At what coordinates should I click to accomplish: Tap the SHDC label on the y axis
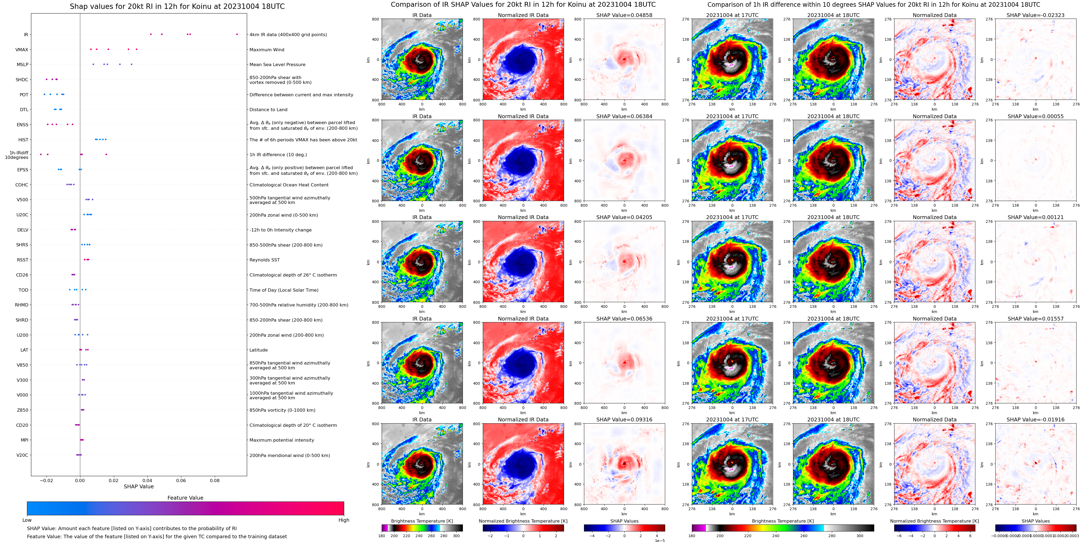22,80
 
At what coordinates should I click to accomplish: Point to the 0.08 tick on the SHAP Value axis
214,480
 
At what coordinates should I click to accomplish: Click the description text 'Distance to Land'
268,110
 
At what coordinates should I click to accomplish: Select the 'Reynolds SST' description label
264,260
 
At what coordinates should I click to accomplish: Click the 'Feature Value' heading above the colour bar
185,498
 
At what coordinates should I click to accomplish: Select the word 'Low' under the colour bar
27,520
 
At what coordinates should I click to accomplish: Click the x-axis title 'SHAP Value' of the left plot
138,486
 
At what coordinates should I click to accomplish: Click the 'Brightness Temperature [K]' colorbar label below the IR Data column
422,521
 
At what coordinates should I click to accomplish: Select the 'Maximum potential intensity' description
282,440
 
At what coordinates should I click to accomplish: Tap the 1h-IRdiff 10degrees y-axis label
17,155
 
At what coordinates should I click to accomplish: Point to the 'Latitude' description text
259,350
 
